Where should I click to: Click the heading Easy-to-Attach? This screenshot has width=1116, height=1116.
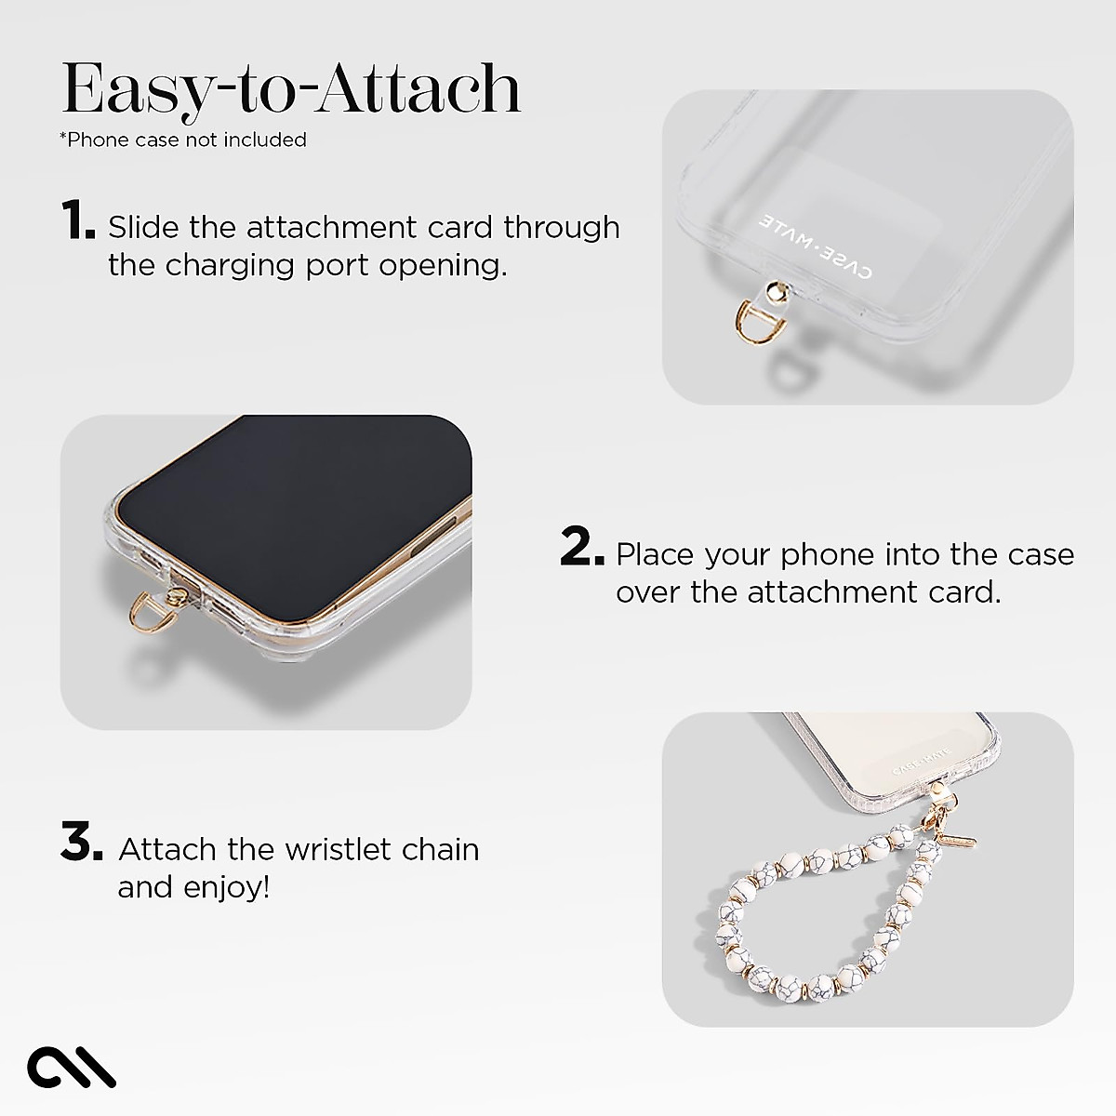point(290,90)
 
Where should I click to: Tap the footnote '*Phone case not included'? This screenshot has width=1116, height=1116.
point(183,139)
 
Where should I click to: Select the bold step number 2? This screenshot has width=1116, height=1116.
point(583,548)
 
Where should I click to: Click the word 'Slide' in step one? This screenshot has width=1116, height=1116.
point(144,227)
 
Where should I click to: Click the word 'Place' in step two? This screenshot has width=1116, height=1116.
point(656,554)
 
